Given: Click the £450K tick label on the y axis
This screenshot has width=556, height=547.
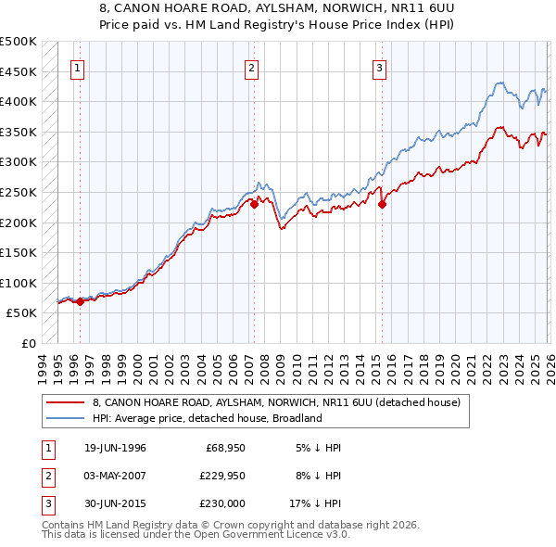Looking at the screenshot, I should pos(19,71).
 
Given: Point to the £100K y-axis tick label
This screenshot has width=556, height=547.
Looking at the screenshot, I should pos(19,283).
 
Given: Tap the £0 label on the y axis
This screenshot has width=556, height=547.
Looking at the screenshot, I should pos(28,343).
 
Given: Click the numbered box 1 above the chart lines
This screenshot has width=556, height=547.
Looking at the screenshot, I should pos(77,67).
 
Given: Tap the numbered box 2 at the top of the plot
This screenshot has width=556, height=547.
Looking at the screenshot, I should pos(252,67).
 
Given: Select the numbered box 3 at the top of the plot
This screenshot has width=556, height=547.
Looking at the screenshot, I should pos(380,67).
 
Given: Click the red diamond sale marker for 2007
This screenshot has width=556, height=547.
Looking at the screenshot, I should pos(254,205).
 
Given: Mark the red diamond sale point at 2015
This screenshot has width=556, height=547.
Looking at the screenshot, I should pos(382,205).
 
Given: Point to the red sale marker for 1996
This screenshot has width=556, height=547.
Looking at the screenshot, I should pos(81,301).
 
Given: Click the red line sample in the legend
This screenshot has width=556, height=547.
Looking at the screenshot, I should pos(66,403).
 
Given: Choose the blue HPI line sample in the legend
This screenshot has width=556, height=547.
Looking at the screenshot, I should pos(66,418).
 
